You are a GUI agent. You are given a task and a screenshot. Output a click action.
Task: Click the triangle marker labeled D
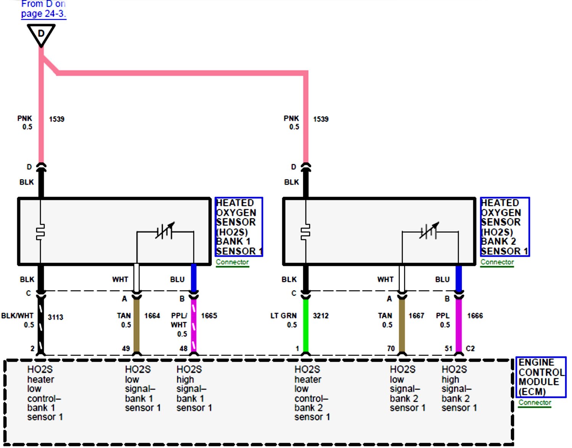41,34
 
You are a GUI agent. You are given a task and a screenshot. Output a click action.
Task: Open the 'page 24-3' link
43,14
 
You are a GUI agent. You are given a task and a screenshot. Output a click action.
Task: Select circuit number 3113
55,317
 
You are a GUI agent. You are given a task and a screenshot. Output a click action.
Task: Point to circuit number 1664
152,316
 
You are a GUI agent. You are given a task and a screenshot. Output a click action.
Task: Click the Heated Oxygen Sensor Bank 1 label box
239,227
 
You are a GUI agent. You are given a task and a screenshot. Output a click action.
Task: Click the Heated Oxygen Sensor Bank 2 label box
505,227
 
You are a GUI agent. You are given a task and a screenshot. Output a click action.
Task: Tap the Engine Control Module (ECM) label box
540,377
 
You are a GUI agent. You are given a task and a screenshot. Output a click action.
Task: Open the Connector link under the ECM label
535,403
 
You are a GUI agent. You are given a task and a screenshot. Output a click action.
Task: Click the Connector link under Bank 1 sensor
232,262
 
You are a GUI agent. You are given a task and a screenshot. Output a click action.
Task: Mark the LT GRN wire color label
283,316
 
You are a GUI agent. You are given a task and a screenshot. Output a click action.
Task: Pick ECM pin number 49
126,348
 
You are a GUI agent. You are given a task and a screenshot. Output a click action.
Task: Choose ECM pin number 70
391,348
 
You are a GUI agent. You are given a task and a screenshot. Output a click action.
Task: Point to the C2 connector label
470,348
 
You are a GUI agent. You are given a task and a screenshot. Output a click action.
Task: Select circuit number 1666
475,316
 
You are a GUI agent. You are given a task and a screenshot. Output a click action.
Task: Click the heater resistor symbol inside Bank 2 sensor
305,232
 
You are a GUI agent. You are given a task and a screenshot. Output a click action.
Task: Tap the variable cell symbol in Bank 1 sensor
165,231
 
